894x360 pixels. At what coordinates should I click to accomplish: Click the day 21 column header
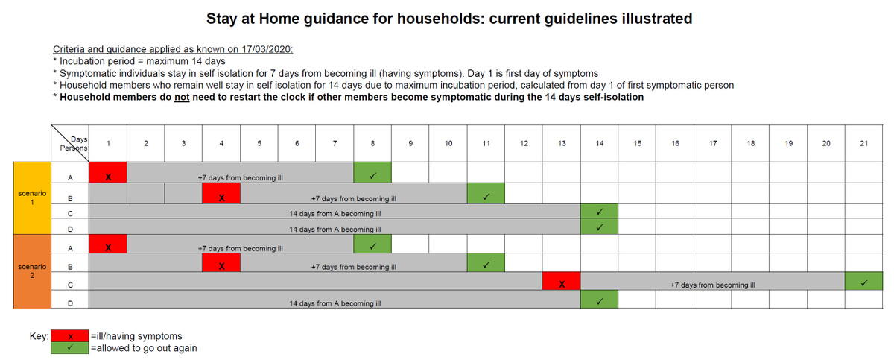pos(863,143)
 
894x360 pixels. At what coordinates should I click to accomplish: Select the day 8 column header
pos(372,143)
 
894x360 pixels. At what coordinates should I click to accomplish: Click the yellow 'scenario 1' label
pos(32,198)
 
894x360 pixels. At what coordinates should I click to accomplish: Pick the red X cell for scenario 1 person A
pos(108,177)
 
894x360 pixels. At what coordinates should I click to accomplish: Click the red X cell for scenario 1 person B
pos(221,198)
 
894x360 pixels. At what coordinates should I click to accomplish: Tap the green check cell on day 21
pos(863,284)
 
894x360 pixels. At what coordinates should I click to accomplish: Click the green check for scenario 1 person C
pos(599,212)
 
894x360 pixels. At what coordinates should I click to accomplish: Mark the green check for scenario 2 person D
pos(599,303)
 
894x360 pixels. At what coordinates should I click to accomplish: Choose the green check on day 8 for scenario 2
pos(372,247)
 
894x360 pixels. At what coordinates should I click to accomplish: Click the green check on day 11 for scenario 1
pos(486,198)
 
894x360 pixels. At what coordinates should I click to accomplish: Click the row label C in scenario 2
pos(70,284)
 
